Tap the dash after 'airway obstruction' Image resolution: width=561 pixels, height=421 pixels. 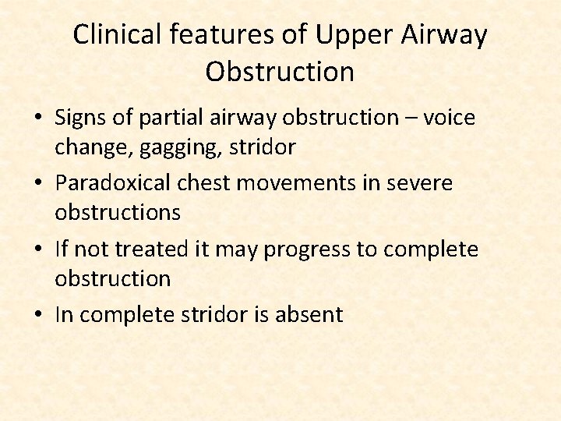(x=411, y=118)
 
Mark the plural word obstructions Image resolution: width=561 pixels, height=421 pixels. (x=117, y=213)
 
